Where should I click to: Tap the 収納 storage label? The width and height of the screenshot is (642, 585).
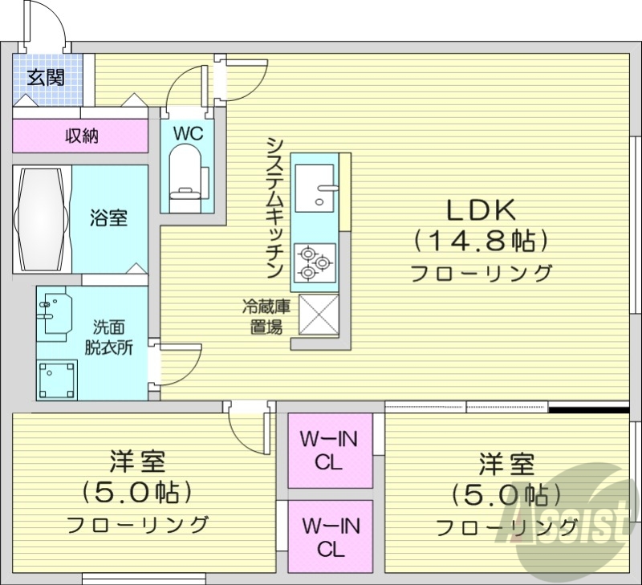tap(81, 136)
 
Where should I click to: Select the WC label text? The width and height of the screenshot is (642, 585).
tap(188, 132)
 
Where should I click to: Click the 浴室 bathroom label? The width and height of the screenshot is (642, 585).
tap(108, 218)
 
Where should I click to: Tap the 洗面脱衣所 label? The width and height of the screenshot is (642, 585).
tap(109, 338)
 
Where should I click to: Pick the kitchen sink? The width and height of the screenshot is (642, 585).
tap(315, 187)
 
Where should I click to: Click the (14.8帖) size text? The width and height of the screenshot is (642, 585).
tap(481, 239)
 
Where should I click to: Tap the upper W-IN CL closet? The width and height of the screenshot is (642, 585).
tap(330, 450)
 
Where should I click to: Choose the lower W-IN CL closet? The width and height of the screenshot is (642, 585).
tap(330, 537)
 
